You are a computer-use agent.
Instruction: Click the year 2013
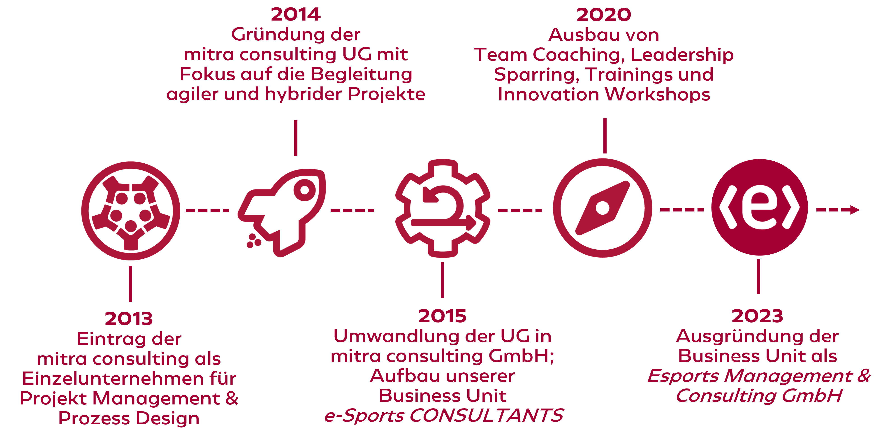129,318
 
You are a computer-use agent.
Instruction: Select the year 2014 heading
296,14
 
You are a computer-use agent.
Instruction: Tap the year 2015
442,316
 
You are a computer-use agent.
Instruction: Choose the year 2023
757,316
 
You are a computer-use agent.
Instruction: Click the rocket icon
282,213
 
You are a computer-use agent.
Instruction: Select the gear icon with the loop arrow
443,208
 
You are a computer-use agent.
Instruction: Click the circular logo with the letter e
759,207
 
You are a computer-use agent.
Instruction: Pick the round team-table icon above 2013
131,211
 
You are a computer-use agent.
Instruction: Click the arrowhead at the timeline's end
855,210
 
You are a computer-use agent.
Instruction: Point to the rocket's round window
304,190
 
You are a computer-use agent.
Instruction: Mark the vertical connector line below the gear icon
442,280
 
